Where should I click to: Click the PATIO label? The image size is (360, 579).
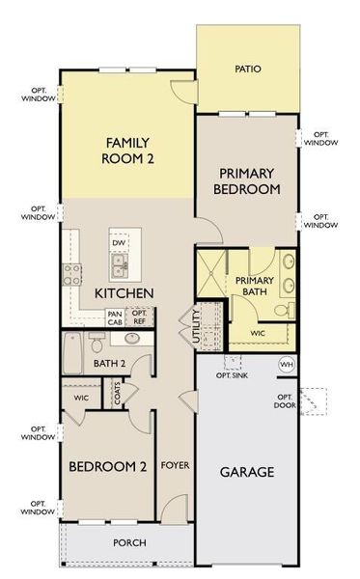coord(249,69)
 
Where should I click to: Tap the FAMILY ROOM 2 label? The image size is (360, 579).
coord(129,151)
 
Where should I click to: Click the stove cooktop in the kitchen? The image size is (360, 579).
coord(70,274)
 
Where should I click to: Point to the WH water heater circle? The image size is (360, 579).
coord(287,364)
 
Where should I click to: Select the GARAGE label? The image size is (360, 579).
coord(246,472)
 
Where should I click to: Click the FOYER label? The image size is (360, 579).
coord(175,467)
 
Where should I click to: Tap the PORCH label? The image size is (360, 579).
coord(128,542)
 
